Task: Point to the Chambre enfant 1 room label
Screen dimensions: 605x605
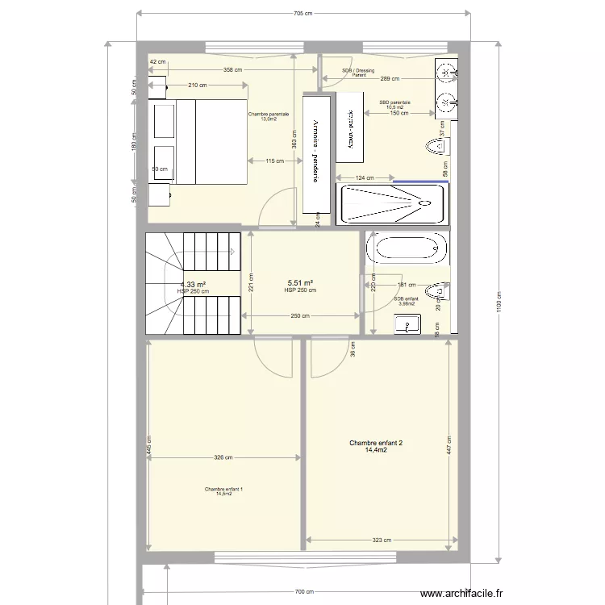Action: [219, 491]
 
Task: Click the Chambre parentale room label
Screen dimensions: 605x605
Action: [269, 116]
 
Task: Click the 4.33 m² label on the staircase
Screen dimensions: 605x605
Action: [193, 284]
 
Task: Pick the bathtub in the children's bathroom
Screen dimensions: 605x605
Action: [406, 248]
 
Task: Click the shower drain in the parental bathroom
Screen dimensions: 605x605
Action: [421, 204]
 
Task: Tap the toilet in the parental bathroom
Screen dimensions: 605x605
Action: [436, 146]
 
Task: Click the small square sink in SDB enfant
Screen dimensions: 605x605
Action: [407, 324]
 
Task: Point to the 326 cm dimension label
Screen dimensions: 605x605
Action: [223, 458]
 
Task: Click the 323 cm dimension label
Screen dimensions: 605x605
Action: [382, 541]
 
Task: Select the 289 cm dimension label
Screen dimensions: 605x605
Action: [390, 79]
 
